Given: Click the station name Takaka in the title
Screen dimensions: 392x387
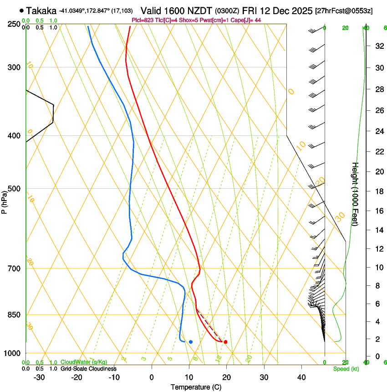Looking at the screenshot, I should (41, 10).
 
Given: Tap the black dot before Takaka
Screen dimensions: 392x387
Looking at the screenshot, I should (21, 10).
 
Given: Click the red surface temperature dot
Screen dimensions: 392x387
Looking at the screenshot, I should (225, 342).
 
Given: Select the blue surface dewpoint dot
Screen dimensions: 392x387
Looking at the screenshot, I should (191, 342).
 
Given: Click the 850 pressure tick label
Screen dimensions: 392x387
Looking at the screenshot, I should (14, 315).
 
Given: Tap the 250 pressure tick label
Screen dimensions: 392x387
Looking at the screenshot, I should (14, 24).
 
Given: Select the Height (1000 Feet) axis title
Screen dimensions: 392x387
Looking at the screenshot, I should (356, 194).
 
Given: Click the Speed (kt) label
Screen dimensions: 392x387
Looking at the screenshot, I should (346, 369).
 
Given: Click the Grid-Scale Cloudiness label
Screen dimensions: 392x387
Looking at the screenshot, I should (88, 369).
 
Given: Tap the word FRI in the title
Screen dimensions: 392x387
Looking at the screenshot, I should (250, 10).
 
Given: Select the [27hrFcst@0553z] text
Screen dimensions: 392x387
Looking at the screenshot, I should (344, 10).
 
